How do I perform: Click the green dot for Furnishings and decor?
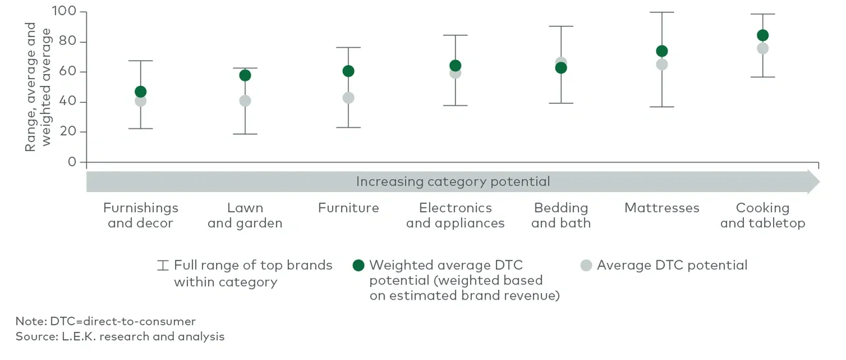[x=141, y=92]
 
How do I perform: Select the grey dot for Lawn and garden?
[x=245, y=101]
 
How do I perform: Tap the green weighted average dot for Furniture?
[x=348, y=71]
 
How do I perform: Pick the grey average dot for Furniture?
[x=348, y=98]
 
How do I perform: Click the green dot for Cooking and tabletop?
[x=763, y=35]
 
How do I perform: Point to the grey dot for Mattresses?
[x=662, y=64]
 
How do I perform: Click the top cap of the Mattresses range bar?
[x=662, y=12]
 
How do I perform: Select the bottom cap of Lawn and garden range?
[x=245, y=134]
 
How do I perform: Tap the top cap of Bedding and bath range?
[x=561, y=26]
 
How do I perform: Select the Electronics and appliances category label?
[x=455, y=215]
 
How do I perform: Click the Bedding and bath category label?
[x=561, y=215]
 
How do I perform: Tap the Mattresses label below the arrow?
[x=662, y=208]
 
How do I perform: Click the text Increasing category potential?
[x=453, y=182]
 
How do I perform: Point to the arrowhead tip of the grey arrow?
[x=819, y=182]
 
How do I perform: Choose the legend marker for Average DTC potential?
[x=586, y=266]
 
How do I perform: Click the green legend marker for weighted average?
[x=358, y=266]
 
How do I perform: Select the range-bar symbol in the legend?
[x=163, y=266]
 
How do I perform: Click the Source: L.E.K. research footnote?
[x=120, y=337]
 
